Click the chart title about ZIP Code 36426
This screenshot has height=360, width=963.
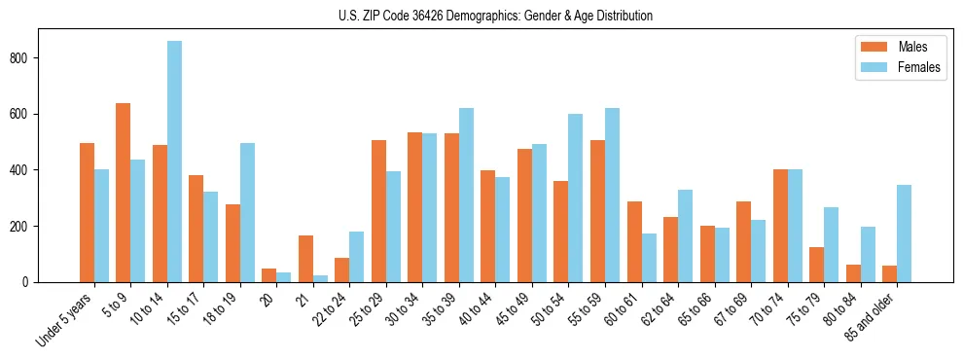pyautogui.click(x=481, y=17)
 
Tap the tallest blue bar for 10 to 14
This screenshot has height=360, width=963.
pyautogui.click(x=174, y=162)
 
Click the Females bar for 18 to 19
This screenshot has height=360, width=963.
pyautogui.click(x=247, y=212)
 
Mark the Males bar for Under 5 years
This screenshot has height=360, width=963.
pyautogui.click(x=87, y=212)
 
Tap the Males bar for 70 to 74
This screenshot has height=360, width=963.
pyautogui.click(x=780, y=226)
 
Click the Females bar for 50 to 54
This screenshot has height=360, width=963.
pyautogui.click(x=576, y=198)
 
